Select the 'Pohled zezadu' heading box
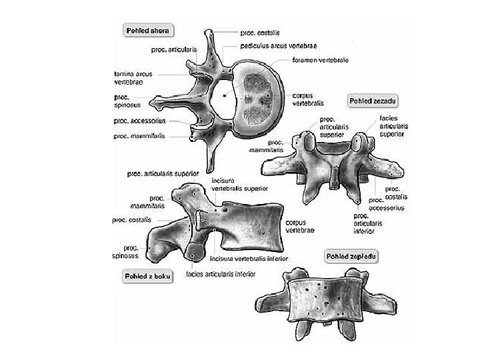pyautogui.click(x=373, y=100)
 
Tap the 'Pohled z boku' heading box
pyautogui.click(x=145, y=276)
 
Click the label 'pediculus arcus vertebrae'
pyautogui.click(x=278, y=46)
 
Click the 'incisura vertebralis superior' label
pyautogui.click(x=239, y=185)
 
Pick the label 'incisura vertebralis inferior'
pyautogui.click(x=248, y=258)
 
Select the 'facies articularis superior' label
pyautogui.click(x=393, y=126)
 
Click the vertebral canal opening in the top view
pyautogui.click(x=226, y=97)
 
